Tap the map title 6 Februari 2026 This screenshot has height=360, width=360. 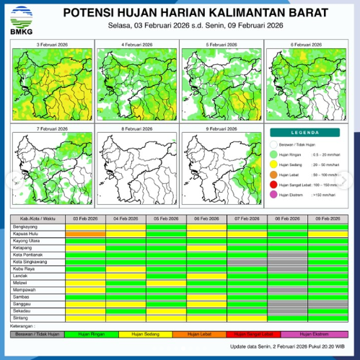pyautogui.click(x=307, y=45)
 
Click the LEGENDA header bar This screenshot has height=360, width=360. pyautogui.click(x=307, y=133)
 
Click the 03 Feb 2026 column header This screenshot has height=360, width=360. pyautogui.click(x=85, y=217)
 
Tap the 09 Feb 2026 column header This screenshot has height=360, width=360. pyautogui.click(x=328, y=217)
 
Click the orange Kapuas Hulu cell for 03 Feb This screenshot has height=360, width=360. pyautogui.click(x=85, y=234)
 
